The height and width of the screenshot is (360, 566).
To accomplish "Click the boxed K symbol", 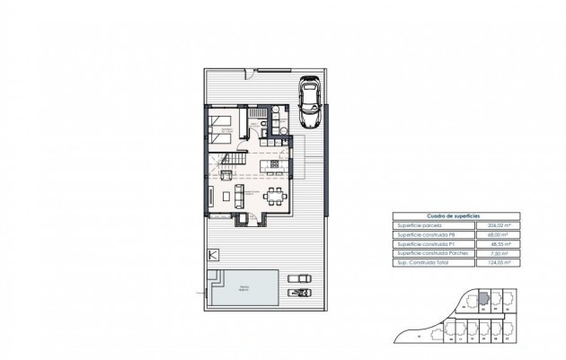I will pos(213,255).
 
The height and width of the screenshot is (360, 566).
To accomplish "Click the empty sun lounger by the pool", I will pos(299,279).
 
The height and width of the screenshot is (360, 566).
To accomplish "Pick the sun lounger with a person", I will pos(299,293).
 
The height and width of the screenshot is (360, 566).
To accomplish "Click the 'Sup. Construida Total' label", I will pos(423,265).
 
